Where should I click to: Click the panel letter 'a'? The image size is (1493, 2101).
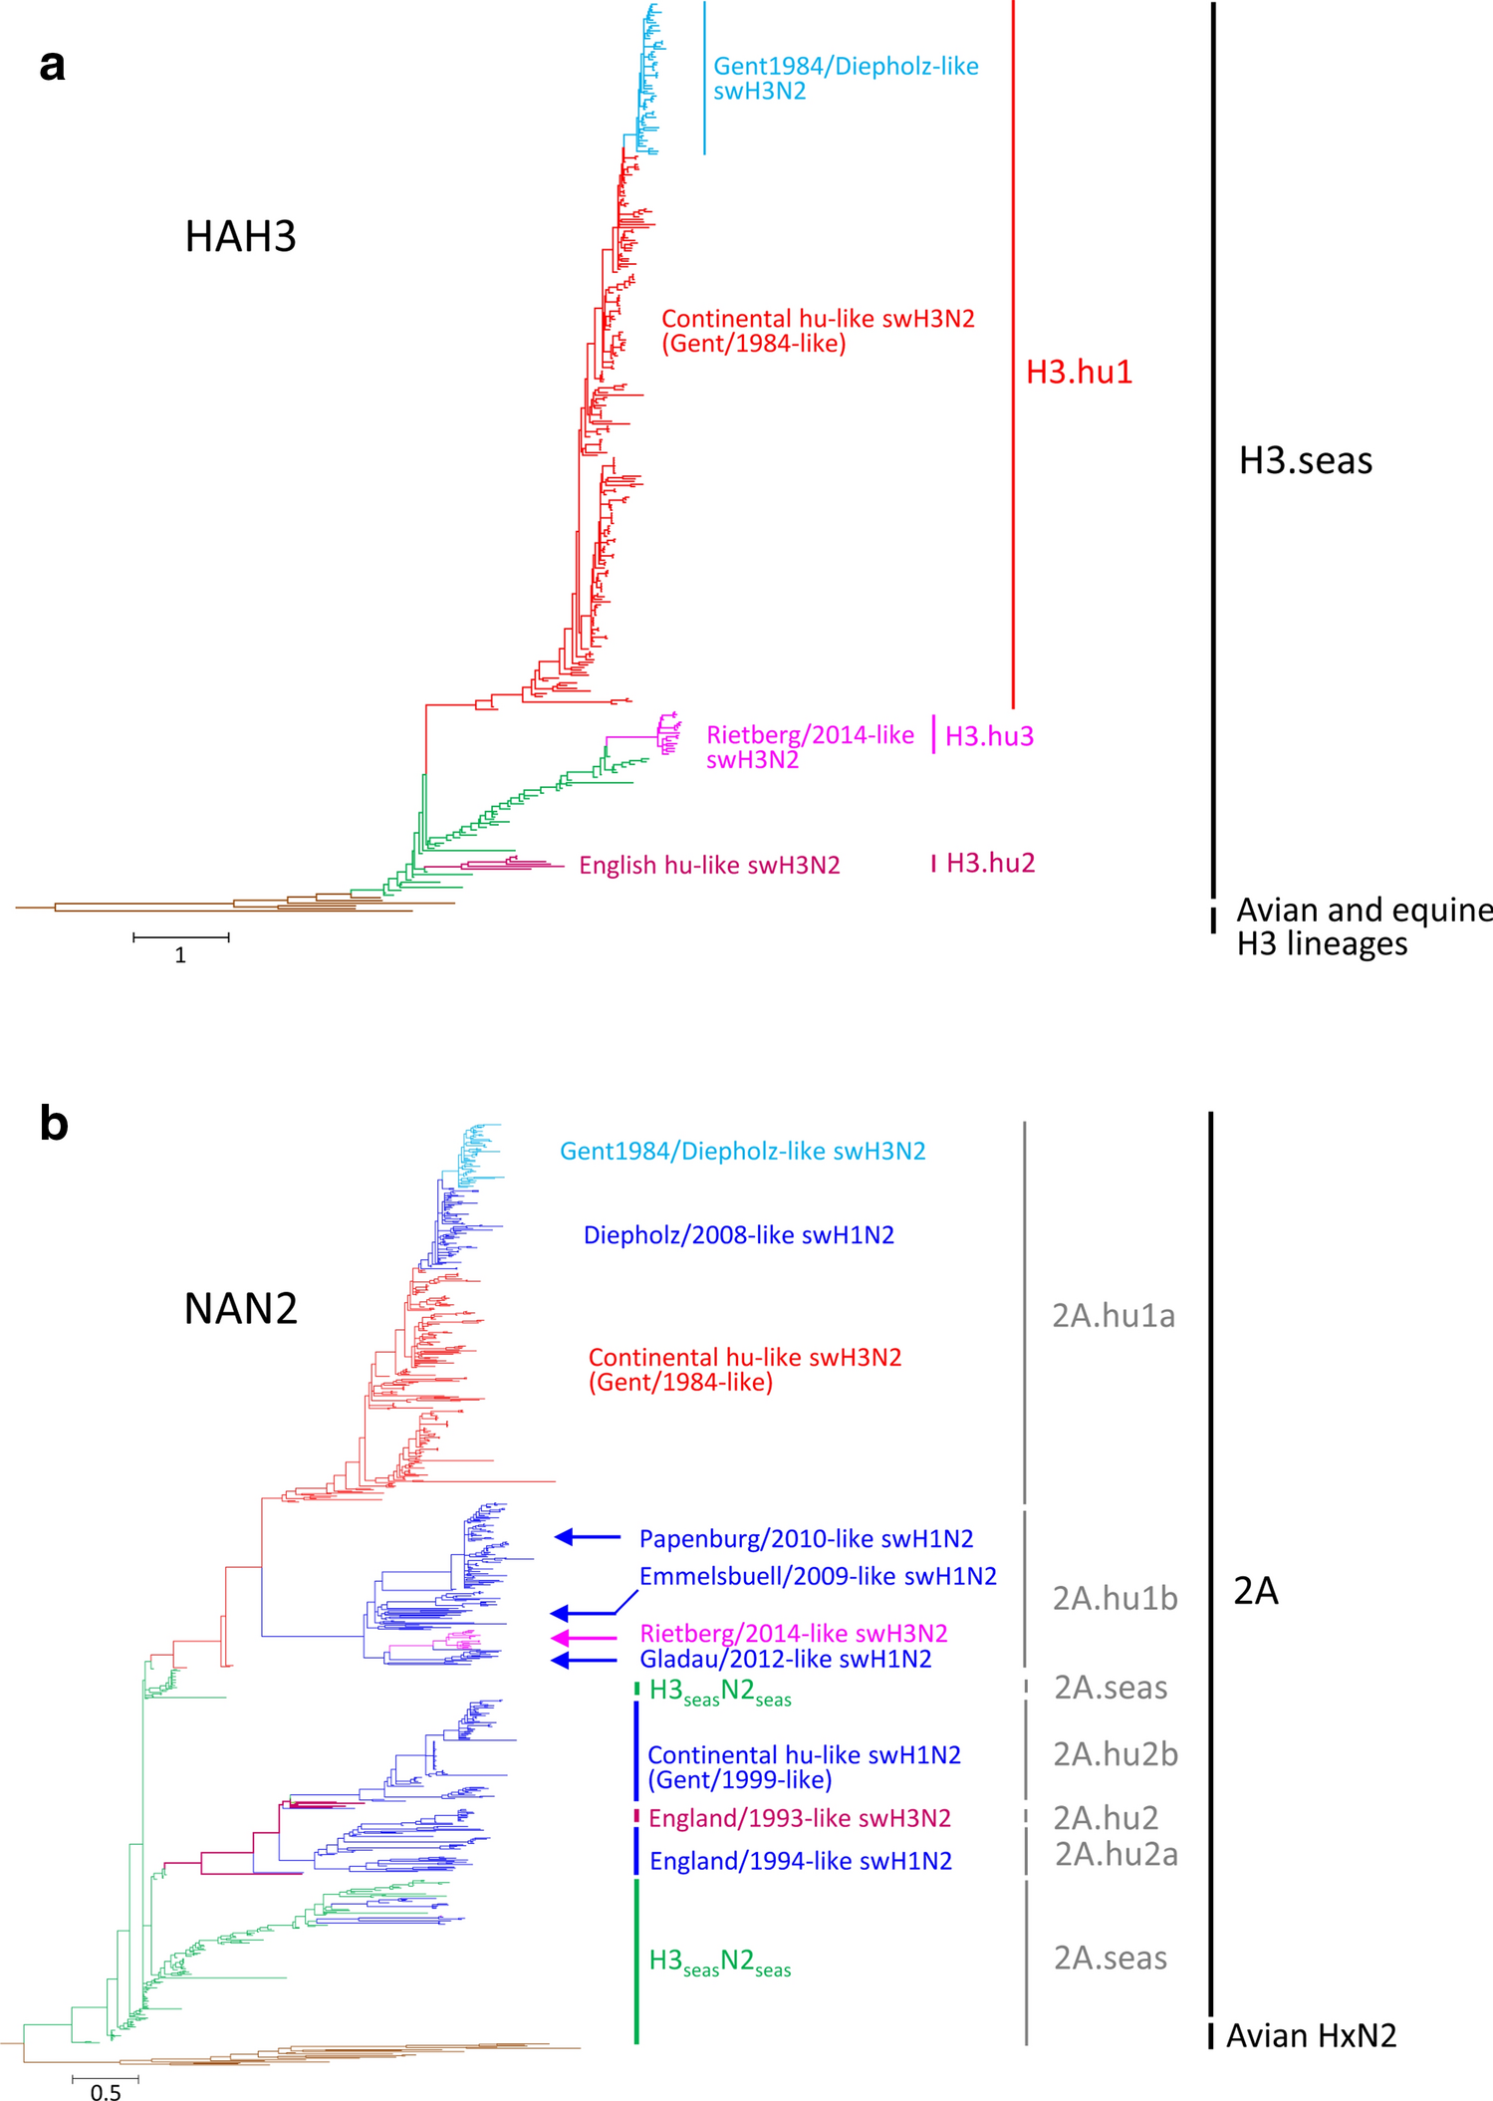(x=53, y=66)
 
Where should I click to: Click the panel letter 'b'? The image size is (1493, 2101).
(x=54, y=1124)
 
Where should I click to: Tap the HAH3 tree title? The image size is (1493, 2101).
(x=240, y=237)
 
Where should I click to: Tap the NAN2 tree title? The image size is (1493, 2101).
(x=240, y=1308)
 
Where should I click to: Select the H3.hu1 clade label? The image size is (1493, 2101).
(x=1079, y=372)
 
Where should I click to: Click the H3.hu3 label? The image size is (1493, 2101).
(x=989, y=736)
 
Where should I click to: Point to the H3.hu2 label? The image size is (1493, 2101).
(x=990, y=863)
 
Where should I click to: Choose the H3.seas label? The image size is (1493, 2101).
(x=1305, y=460)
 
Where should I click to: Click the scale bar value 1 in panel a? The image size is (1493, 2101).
(x=180, y=955)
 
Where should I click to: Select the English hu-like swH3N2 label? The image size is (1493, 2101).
(x=709, y=865)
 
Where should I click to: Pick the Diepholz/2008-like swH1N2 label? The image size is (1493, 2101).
(x=738, y=1235)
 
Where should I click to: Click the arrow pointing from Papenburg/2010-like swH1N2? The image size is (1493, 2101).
(x=587, y=1537)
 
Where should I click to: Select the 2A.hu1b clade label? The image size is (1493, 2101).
(x=1115, y=1598)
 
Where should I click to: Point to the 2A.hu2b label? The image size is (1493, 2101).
(x=1116, y=1753)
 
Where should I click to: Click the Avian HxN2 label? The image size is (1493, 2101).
(x=1311, y=2035)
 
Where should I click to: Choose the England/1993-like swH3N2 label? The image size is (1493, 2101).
(x=799, y=1818)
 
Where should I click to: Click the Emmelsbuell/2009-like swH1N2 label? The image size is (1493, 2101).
(x=817, y=1576)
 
